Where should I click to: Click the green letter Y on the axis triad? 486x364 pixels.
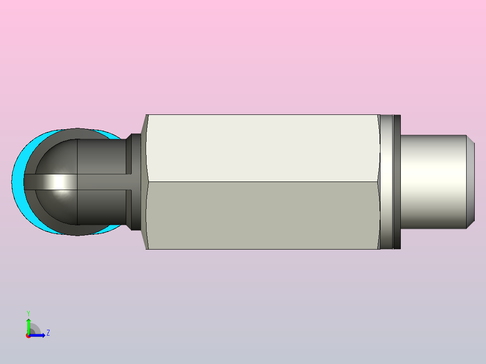28,314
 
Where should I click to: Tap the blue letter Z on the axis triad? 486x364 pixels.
48,333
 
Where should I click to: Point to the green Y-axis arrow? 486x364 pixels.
28,326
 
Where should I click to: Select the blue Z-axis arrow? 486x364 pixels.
37,335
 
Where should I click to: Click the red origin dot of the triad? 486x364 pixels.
28,336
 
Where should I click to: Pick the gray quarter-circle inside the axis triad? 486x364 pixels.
35,329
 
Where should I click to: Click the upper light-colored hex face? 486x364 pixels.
263,148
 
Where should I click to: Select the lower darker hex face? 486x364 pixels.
263,215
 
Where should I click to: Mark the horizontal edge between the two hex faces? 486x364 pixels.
263,182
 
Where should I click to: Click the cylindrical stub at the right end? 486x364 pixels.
433,182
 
